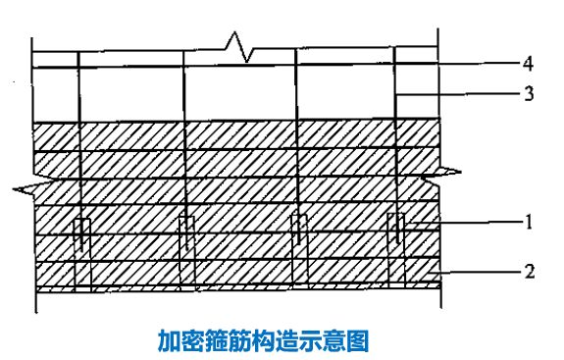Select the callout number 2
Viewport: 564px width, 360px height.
[530, 271]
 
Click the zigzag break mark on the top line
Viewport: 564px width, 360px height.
[239, 45]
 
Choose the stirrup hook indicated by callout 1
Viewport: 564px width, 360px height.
[395, 229]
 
